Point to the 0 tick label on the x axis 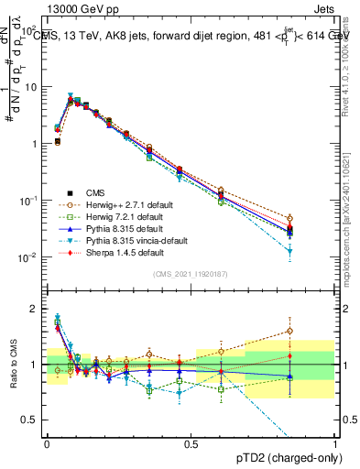pyautogui.click(x=46, y=444)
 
